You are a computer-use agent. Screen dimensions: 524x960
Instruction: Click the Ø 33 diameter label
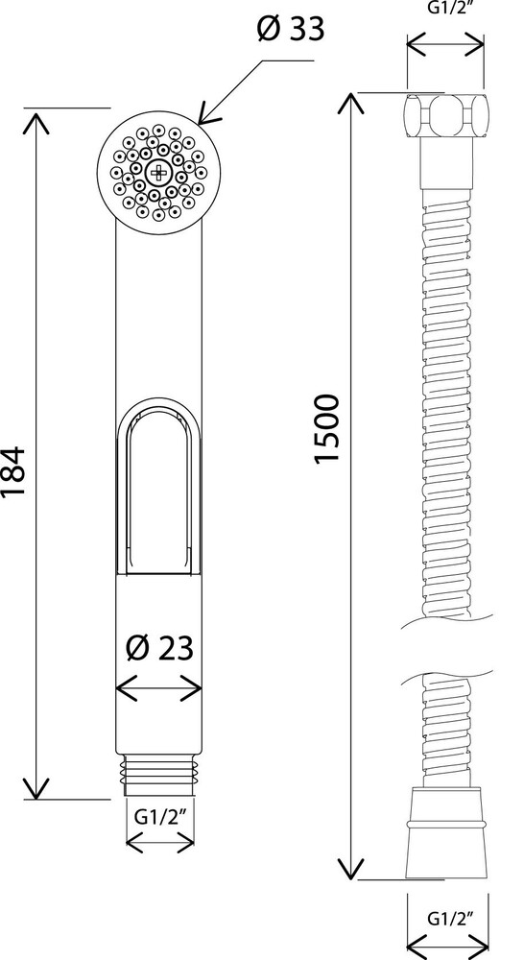[290, 29]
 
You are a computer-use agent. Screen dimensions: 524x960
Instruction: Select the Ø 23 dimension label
[159, 647]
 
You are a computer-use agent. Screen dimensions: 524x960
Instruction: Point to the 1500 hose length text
[326, 429]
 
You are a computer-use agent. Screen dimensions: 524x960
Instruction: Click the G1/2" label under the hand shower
[159, 819]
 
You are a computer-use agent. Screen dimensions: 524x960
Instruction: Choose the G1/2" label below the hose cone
[448, 918]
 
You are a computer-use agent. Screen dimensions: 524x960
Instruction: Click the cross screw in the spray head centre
[158, 173]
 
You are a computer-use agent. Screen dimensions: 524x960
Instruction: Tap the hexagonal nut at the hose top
[445, 115]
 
